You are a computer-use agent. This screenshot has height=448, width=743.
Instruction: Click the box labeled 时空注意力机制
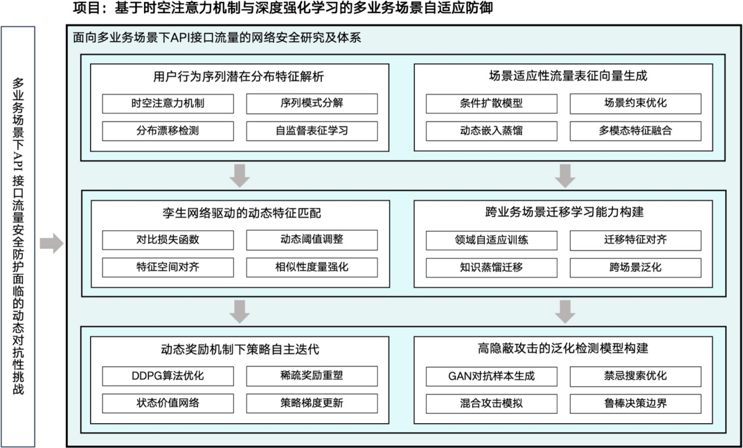(168, 103)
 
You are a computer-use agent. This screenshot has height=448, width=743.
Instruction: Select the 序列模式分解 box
(312, 103)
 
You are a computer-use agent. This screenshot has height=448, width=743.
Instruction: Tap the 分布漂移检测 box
(168, 131)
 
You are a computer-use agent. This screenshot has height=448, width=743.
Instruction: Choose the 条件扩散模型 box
(491, 103)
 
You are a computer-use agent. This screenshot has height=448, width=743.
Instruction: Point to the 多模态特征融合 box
(636, 131)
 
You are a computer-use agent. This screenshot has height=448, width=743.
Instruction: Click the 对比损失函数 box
(168, 240)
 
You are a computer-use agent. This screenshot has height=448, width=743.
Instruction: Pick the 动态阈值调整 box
(312, 240)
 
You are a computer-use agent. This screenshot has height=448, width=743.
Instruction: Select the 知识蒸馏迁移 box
(491, 268)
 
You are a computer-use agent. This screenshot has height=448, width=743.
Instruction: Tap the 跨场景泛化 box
(636, 268)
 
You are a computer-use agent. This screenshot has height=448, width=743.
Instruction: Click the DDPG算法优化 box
(168, 376)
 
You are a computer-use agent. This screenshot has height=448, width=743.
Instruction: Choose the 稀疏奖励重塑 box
(312, 376)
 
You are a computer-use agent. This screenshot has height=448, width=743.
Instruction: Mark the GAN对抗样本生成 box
(491, 376)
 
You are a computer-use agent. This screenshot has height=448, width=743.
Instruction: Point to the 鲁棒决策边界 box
(636, 404)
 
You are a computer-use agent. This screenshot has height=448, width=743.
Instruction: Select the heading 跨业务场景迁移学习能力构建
(563, 212)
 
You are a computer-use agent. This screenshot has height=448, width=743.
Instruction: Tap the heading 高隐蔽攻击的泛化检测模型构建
(563, 349)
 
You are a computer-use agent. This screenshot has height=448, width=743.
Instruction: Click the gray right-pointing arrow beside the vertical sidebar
(51, 243)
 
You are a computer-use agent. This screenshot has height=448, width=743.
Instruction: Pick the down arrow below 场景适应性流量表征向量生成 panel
(565, 175)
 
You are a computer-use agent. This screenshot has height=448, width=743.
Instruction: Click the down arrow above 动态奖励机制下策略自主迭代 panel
(240, 312)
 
